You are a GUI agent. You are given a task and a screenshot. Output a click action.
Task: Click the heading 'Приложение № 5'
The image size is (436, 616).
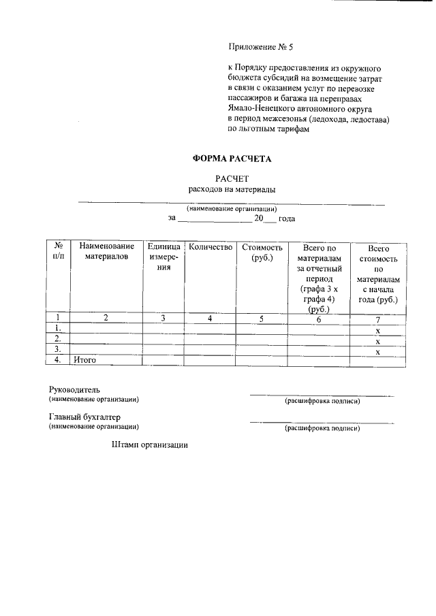tap(262, 48)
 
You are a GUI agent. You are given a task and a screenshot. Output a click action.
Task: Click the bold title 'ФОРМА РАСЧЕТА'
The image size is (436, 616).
tap(232, 159)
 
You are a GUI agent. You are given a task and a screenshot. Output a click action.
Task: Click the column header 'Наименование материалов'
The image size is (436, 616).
tap(106, 252)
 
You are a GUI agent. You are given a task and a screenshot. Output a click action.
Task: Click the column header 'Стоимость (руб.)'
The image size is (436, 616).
tap(262, 252)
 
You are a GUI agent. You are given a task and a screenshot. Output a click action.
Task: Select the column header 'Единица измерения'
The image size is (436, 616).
tap(163, 257)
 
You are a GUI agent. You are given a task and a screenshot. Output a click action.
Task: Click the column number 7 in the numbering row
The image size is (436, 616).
tap(377, 319)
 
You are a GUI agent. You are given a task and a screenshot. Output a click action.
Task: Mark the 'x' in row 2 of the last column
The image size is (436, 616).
tap(377, 340)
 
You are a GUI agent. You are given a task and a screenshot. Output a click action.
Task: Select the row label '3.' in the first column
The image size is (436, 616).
tap(59, 350)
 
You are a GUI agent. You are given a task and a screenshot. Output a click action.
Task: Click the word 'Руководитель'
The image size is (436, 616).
tap(74, 389)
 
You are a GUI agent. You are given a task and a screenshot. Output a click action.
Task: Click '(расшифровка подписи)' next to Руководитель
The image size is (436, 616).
tap(322, 402)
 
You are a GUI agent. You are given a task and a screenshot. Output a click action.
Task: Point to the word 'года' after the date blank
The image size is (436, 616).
tap(287, 218)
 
